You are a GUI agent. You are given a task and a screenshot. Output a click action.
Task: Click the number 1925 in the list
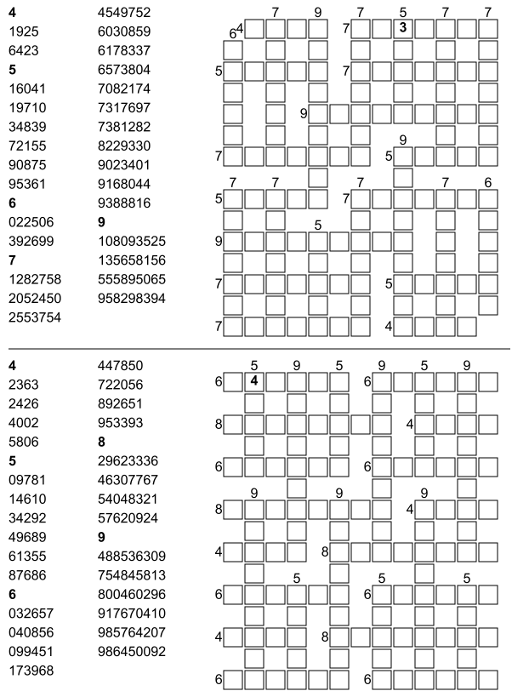23,31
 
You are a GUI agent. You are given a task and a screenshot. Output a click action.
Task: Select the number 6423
23,50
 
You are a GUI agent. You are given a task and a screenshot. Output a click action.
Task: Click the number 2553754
33,317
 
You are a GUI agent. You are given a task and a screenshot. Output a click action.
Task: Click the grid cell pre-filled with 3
403,29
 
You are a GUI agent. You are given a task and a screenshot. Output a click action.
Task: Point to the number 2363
23,385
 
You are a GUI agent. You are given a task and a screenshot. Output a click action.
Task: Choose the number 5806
23,442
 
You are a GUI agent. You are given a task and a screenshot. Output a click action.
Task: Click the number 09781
26,480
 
